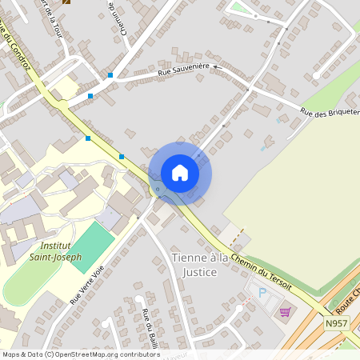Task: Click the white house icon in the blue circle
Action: tap(180, 173)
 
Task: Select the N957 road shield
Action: tap(337, 323)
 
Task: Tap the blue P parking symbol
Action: tap(262, 293)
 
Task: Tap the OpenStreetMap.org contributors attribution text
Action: tap(108, 354)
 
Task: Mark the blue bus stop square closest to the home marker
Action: tap(122, 157)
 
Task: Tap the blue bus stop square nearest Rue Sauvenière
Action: tap(110, 76)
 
